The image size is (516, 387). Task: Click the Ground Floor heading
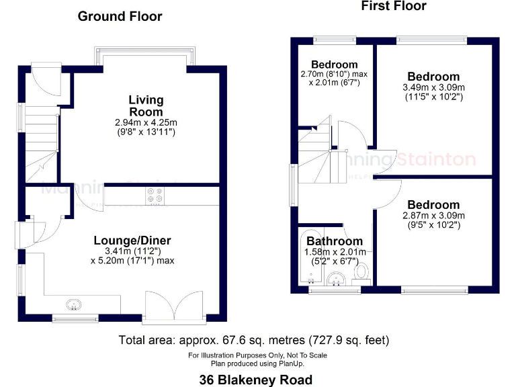point(120,16)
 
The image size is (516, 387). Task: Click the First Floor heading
point(393,6)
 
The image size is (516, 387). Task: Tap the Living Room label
point(146,105)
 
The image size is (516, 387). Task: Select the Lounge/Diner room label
point(132,241)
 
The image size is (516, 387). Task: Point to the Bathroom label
point(335,241)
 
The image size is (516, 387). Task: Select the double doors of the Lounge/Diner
point(174,306)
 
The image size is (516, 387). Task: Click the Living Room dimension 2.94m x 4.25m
point(146,122)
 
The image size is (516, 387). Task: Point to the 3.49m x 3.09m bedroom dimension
point(433,87)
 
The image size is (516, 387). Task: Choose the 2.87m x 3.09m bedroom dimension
point(433,216)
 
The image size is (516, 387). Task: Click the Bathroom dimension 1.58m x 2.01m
point(335,251)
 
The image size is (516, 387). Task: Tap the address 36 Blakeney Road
point(255,380)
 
